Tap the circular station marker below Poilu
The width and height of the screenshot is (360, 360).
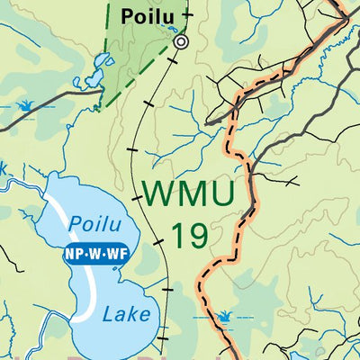[181, 41]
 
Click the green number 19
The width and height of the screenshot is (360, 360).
[189, 236]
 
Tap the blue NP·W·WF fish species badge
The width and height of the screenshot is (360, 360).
[96, 255]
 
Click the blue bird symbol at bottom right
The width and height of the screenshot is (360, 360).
[223, 317]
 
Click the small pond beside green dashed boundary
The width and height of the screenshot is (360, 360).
[103, 64]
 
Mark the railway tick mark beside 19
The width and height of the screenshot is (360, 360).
[159, 242]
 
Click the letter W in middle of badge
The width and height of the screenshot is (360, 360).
[95, 255]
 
